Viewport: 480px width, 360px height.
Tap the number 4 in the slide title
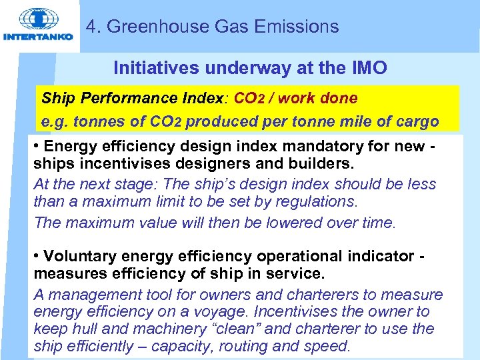[92, 27]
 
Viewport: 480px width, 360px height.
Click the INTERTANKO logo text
[39, 37]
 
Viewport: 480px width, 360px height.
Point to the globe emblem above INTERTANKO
[37, 19]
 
